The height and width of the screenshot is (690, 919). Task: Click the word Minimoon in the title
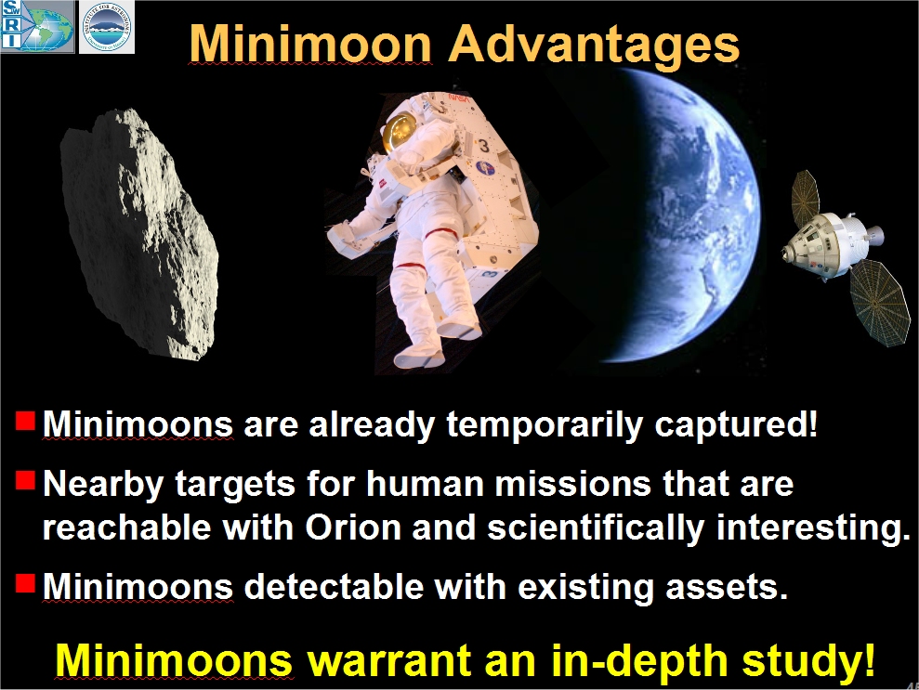311,43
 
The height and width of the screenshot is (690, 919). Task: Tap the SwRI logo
37,26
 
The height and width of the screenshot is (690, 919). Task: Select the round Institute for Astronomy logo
107,26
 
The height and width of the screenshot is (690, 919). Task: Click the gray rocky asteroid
139,234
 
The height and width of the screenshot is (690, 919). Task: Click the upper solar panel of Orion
806,193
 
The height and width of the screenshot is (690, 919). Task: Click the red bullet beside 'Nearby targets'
24,480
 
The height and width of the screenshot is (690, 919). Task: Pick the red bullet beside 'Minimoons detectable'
24,583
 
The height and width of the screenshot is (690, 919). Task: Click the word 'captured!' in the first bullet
736,424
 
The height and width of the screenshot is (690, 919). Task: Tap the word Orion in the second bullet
353,527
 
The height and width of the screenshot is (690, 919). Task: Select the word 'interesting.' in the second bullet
813,528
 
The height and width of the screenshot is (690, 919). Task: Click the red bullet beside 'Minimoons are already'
24,421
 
